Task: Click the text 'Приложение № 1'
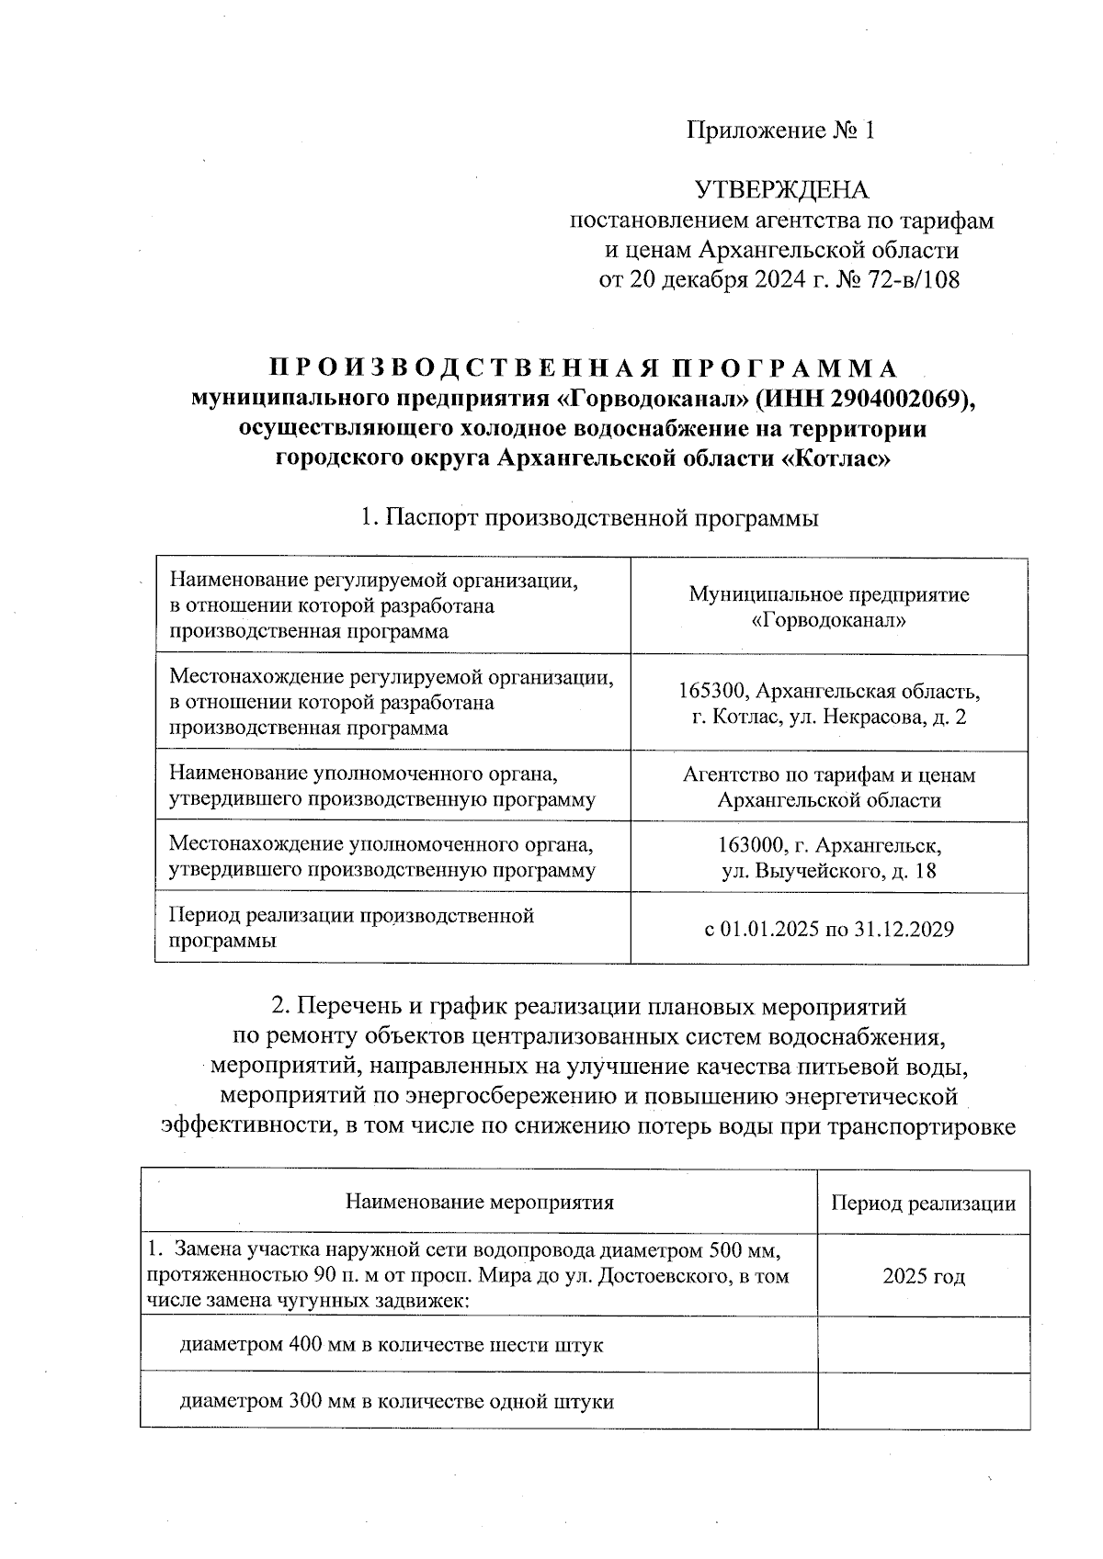781,130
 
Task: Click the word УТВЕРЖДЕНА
781,190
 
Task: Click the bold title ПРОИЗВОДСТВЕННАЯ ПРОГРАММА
583,368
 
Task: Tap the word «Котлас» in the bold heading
836,458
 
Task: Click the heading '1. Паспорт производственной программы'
589,518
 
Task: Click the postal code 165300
713,691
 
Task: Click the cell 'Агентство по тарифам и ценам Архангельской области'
829,787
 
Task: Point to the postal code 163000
753,845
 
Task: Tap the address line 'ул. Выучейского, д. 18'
829,871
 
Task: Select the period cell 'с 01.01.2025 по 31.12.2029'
829,929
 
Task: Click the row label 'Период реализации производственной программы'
352,928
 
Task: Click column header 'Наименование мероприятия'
479,1203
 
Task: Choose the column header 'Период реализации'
923,1203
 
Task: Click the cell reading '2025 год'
923,1276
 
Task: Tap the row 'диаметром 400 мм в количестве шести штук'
391,1345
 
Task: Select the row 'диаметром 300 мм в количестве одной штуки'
396,1401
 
